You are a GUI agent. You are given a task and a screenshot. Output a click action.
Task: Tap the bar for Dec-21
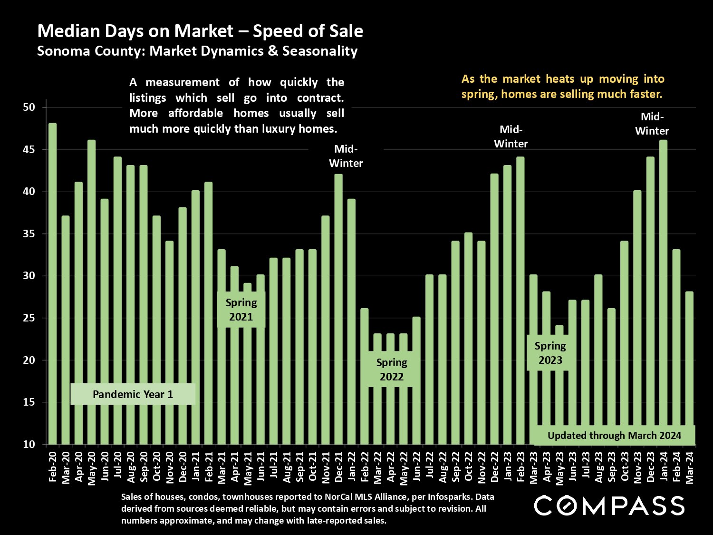coord(338,309)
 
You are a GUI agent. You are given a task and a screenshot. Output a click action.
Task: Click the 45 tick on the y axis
coord(29,150)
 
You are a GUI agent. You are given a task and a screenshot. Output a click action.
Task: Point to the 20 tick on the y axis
coord(29,360)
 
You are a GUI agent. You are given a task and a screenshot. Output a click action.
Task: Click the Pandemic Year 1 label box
coord(133,394)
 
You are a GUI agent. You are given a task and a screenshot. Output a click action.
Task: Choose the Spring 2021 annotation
coord(241,310)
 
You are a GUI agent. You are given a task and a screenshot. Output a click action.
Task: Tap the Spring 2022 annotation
coord(392,370)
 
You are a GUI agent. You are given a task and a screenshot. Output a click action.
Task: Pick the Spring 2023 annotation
coord(550,353)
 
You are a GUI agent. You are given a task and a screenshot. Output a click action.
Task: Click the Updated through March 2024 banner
coord(614,435)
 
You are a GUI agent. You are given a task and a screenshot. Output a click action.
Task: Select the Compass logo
coord(609,506)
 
